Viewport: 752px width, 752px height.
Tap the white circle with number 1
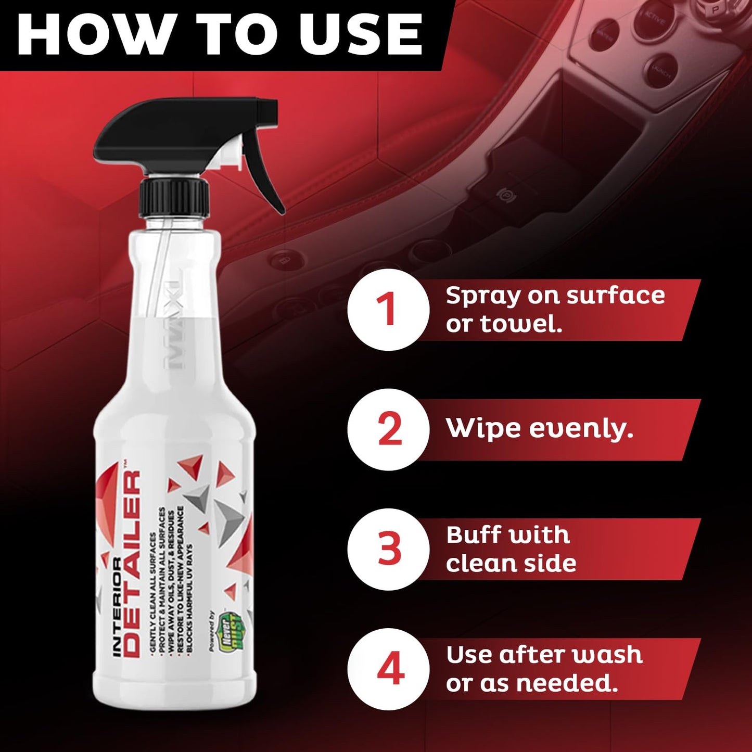pos(388,310)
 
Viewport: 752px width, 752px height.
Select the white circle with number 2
pos(388,429)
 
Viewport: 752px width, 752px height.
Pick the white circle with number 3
pos(388,549)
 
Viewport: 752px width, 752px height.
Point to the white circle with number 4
pos(388,669)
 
